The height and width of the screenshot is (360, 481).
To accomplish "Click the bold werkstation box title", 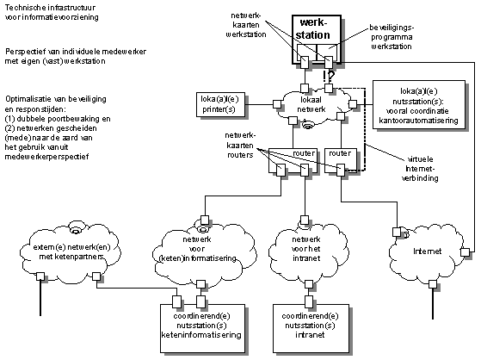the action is pos(313,28).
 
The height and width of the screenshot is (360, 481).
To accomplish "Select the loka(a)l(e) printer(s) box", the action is pos(220,104).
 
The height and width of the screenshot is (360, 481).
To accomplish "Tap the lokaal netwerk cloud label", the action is pos(311,104).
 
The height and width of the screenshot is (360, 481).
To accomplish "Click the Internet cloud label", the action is pos(427,251).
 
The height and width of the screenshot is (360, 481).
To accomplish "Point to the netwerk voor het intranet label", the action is pos(306,249).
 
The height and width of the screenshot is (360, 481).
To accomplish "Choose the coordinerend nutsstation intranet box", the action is pos(311,328).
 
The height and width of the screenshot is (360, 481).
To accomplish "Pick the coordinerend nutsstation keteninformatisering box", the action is pos(202,328).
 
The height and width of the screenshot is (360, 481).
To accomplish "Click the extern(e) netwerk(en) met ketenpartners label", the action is pos(71,251).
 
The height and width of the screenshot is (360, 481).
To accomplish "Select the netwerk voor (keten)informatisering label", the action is pos(197,249).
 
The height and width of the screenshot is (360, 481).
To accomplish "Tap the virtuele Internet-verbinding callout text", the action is pos(420,169).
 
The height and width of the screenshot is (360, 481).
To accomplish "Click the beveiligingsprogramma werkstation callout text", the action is pos(392,37).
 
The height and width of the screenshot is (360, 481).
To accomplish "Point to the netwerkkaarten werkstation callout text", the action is pos(246,25).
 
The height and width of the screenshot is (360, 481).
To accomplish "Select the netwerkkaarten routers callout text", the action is pos(240,146).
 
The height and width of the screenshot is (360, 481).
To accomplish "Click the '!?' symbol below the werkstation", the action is pos(329,76).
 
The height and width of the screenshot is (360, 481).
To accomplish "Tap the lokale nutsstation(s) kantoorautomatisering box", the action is pos(419,104).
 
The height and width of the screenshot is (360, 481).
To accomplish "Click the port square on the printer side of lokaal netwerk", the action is pos(277,104).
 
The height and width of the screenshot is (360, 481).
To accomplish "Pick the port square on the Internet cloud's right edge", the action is pos(465,252).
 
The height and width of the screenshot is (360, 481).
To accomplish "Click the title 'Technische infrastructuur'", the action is pos(50,8).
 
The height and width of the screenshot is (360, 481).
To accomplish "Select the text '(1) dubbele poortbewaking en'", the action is pos(58,119).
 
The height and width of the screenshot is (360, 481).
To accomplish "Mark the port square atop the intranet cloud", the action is pos(305,220).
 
